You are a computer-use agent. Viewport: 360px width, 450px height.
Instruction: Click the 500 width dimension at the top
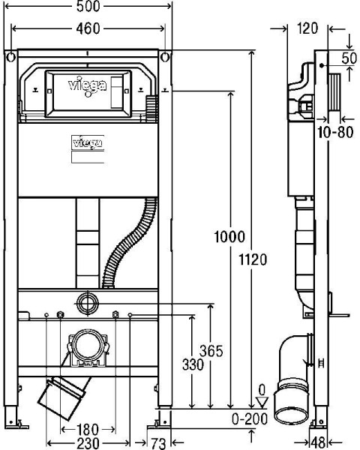[88, 7]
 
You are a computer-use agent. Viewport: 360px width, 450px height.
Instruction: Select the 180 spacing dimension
[88, 429]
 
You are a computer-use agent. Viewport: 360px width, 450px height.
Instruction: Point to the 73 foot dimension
[157, 442]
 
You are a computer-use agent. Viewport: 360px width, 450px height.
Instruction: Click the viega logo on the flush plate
[88, 85]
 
